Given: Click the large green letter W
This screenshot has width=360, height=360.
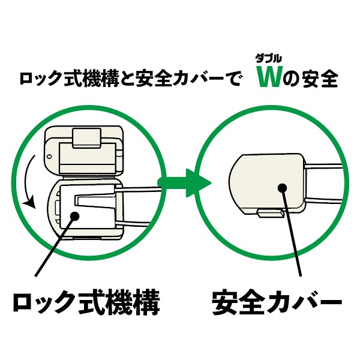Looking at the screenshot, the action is tap(269, 77).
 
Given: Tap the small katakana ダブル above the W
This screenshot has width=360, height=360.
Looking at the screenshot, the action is tap(269, 59).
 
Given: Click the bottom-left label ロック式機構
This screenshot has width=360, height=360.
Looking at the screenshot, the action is tap(86, 302).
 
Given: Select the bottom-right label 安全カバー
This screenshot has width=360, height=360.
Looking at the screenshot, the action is tap(277, 302).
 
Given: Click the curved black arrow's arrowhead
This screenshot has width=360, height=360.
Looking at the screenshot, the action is tap(29, 202).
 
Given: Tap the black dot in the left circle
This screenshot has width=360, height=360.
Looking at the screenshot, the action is tap(74, 216).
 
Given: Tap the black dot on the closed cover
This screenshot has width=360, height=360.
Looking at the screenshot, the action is tap(282, 188).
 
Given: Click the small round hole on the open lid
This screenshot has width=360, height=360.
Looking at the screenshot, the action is tap(49, 157).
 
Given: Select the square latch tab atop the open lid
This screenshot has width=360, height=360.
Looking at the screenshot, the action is tap(87, 138).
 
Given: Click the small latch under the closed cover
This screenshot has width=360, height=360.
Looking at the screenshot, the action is tap(271, 213).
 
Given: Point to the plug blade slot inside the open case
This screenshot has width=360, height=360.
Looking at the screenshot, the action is tap(94, 201).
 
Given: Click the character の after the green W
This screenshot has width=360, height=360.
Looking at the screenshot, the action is tap(292, 79).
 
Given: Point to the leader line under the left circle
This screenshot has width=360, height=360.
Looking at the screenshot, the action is tap(55, 246).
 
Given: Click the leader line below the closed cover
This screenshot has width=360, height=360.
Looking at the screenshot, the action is tap(292, 232).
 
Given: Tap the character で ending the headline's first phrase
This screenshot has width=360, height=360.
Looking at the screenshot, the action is tap(232, 79).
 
